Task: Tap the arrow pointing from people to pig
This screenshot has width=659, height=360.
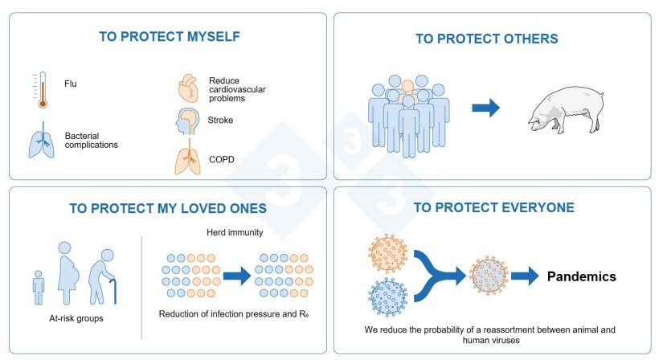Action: (485, 108)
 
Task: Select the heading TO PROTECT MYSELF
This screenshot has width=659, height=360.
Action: (169, 36)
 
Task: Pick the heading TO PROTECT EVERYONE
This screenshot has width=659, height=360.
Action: (493, 207)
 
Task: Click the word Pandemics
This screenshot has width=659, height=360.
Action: (582, 276)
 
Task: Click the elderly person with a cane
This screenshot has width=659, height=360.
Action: (103, 280)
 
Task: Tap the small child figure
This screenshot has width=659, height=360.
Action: (39, 288)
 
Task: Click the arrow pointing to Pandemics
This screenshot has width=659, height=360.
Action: (525, 276)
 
